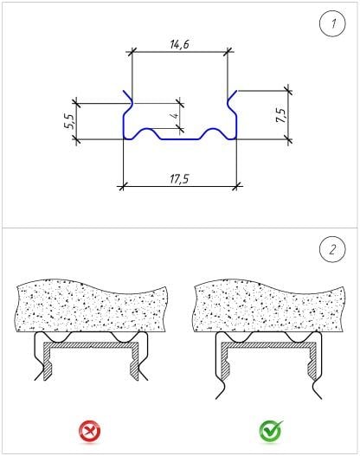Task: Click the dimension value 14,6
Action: click(179, 44)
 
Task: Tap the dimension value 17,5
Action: click(179, 178)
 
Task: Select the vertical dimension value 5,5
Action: click(70, 121)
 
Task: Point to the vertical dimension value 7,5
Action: click(281, 115)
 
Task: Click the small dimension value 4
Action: click(176, 116)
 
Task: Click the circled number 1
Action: click(332, 23)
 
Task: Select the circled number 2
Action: click(332, 249)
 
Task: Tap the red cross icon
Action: click(89, 431)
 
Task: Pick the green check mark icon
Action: click(271, 431)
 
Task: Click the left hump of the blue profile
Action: click(148, 129)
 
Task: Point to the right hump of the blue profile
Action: click(213, 129)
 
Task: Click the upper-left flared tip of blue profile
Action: click(123, 91)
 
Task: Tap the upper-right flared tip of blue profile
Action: click(237, 91)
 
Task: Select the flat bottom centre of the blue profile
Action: click(180, 139)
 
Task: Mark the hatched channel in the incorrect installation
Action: click(91, 345)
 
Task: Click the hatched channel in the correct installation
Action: click(268, 345)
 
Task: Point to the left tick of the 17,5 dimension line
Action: click(123, 185)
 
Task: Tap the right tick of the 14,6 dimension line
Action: click(228, 52)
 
